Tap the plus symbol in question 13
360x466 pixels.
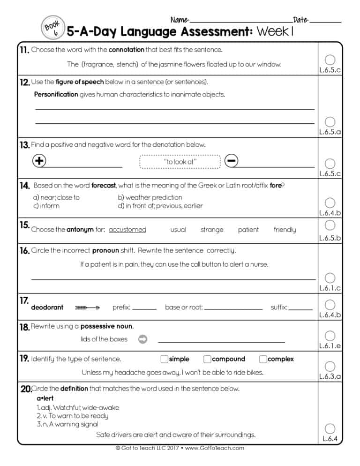tap(39, 160)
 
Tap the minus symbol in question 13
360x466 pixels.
tap(231, 160)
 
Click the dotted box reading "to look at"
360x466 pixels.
tap(180, 162)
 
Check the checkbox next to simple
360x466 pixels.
tap(164, 359)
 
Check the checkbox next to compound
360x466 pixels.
tap(207, 359)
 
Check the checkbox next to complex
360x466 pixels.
tap(263, 359)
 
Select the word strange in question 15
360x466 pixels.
tap(212, 230)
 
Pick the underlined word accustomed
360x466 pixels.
tap(127, 230)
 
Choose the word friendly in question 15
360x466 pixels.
tap(285, 230)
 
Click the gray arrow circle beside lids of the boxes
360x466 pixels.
tap(143, 339)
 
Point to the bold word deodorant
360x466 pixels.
tap(47, 308)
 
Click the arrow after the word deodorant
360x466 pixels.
tap(88, 308)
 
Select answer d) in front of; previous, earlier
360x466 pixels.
tap(160, 206)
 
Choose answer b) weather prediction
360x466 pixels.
tap(150, 197)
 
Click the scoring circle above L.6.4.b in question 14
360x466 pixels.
tap(330, 203)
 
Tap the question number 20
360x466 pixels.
tap(25, 389)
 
